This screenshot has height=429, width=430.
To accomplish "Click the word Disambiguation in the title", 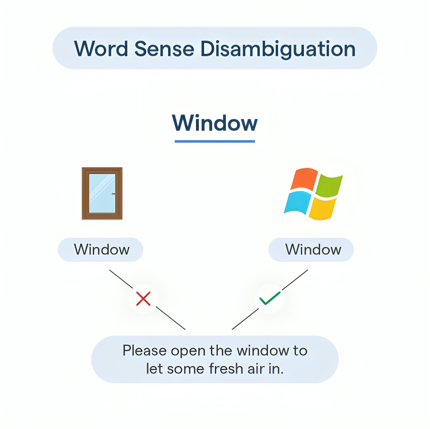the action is pyautogui.click(x=278, y=49).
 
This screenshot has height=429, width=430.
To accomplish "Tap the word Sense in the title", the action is pyautogui.click(x=165, y=49).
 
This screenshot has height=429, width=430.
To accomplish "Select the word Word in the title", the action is pyautogui.click(x=101, y=49).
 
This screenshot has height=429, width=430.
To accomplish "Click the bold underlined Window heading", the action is pyautogui.click(x=215, y=123).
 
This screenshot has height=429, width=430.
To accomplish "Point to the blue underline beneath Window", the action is pyautogui.click(x=215, y=141).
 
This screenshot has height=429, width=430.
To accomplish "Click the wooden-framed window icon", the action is pyautogui.click(x=102, y=194).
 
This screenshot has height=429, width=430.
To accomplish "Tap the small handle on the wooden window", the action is pyautogui.click(x=114, y=194).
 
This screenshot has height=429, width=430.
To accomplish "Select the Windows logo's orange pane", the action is pyautogui.click(x=304, y=179).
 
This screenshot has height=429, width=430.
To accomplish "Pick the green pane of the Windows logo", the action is pyautogui.click(x=329, y=185).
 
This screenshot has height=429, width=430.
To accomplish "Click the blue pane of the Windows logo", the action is pyautogui.click(x=297, y=202).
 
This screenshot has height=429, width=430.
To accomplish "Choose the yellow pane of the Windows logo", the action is pyautogui.click(x=322, y=208).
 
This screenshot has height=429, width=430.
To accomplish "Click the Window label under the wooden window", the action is pyautogui.click(x=101, y=250).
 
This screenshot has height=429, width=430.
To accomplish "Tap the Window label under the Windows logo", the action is pyautogui.click(x=314, y=250).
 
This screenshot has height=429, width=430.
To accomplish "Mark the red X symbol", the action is pyautogui.click(x=143, y=298).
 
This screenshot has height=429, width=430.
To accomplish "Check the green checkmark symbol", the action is pyautogui.click(x=270, y=298).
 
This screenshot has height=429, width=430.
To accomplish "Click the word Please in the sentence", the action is pyautogui.click(x=144, y=351).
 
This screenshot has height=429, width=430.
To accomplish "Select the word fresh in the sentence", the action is pyautogui.click(x=226, y=368).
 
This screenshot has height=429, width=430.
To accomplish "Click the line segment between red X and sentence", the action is pyautogui.click(x=171, y=318).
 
